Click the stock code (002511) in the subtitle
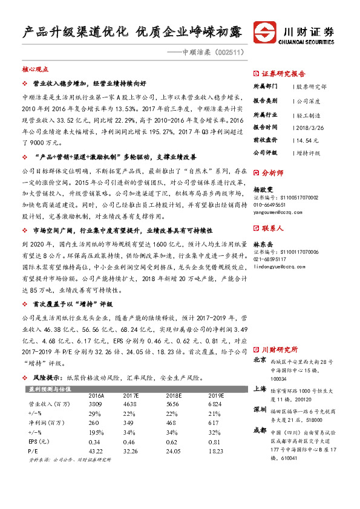click(x=231, y=53)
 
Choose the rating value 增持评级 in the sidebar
click(x=309, y=153)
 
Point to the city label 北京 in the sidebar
click(x=260, y=360)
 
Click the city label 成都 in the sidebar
click(x=260, y=430)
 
